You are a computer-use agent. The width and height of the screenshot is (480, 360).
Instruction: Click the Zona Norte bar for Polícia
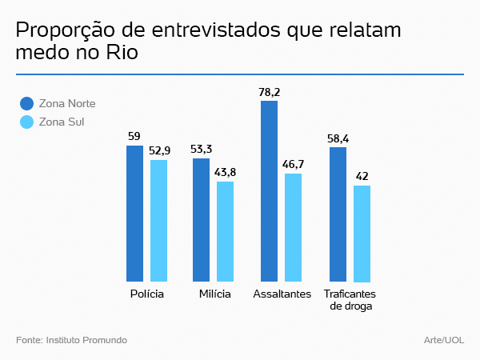135,213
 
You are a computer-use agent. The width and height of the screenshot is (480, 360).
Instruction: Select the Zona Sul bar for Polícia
159,220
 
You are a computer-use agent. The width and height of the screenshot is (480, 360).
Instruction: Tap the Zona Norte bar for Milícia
202,219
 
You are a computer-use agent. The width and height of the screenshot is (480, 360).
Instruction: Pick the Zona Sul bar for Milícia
226,231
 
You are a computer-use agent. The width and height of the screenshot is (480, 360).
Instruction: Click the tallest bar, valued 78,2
269,190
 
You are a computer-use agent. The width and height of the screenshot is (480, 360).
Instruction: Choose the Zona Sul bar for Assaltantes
293,227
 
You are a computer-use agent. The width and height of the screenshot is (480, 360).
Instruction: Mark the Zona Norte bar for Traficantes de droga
338,214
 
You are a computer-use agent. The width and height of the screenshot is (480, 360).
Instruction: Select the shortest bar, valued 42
362,234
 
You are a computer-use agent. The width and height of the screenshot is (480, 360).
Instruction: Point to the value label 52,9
159,150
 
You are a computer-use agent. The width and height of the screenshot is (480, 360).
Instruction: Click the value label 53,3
202,149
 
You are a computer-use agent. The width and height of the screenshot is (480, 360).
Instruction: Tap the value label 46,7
293,164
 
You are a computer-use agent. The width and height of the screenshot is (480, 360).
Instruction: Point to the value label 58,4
338,138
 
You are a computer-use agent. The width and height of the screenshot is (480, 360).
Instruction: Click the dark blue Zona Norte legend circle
26,103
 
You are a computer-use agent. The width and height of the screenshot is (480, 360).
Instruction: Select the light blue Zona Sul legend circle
26,122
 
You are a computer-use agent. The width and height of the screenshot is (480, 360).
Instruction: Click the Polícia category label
147,294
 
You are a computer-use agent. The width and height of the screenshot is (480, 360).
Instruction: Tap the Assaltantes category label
282,294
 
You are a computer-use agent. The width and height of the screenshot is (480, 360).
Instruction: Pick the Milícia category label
214,294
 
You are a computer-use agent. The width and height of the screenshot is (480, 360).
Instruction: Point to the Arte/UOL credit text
444,340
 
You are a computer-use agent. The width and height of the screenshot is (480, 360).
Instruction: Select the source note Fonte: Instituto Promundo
71,340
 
